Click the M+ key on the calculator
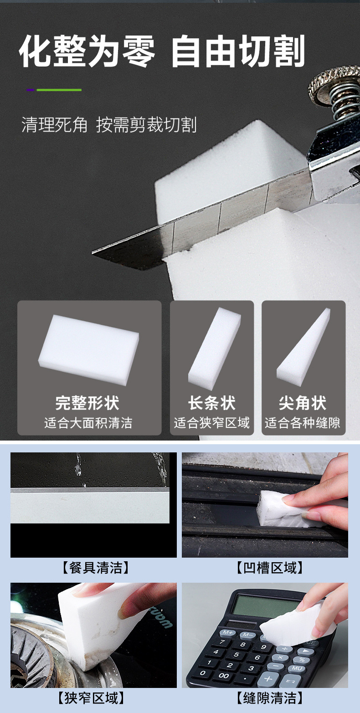point(226,633)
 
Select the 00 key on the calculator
point(224,676)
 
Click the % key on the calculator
point(301,659)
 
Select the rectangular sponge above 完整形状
point(88,349)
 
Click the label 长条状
point(211,403)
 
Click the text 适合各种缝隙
point(303,423)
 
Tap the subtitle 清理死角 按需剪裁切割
point(109,125)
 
